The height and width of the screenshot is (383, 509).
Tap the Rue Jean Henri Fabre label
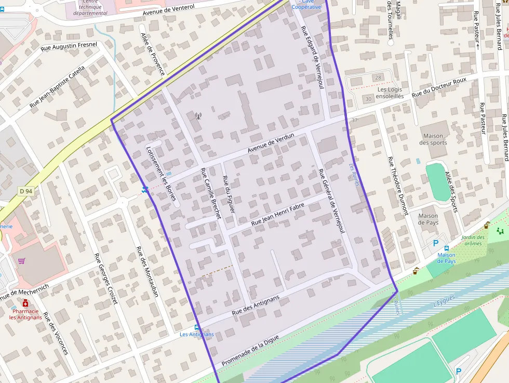coord(277,214)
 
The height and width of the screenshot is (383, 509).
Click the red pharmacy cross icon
coord(25,303)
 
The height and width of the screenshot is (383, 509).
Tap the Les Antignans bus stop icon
coord(196,327)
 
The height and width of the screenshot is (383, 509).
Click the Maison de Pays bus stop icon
coord(447,248)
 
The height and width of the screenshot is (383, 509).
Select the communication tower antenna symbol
coord(198,116)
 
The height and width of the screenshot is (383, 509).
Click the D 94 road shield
coord(26,191)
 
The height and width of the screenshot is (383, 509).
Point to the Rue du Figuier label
coord(229,194)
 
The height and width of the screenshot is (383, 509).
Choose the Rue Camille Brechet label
coord(210,193)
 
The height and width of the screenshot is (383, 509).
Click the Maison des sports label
coord(433,139)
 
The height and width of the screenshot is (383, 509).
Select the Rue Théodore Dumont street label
coord(398,186)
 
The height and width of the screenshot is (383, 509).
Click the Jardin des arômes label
coord(473,241)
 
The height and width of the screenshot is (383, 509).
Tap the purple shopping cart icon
coord(22,260)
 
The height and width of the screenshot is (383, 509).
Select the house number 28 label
coord(378,78)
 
